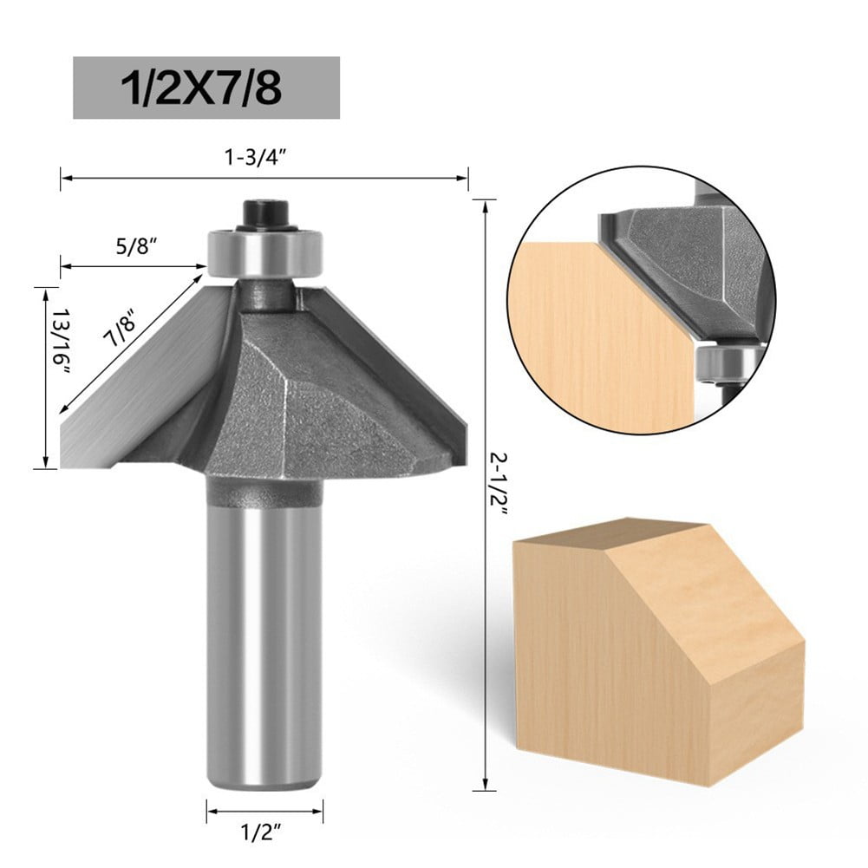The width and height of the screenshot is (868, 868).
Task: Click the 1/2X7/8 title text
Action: click(x=206, y=88)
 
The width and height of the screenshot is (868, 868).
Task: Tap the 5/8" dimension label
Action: click(x=139, y=246)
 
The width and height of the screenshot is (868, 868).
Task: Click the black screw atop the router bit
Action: click(x=261, y=212)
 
